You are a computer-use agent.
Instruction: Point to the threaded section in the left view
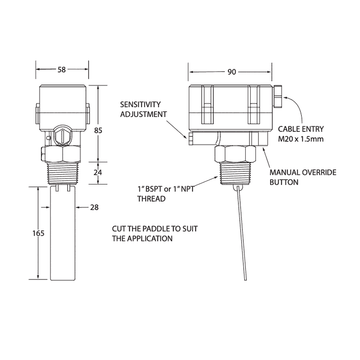tap(63, 178)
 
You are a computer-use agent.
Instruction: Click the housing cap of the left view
tap(63, 100)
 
